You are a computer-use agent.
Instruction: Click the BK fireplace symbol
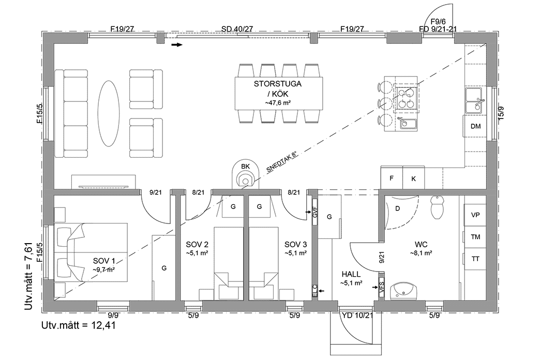click(245, 175)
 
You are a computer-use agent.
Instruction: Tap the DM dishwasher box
click(475, 126)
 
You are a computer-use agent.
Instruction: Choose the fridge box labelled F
click(392, 178)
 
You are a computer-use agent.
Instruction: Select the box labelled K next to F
click(413, 178)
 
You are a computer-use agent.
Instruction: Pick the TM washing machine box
click(475, 236)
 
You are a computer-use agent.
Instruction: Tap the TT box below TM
click(475, 259)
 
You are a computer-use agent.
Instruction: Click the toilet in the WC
click(438, 207)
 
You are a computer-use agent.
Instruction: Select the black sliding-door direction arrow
click(177, 45)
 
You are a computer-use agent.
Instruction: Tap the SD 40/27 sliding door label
click(237, 29)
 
